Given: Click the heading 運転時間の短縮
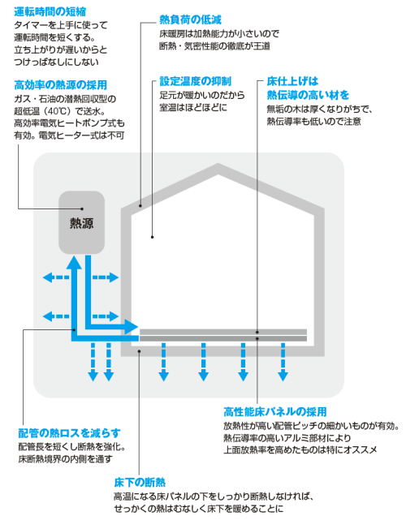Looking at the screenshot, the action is (x=50, y=11).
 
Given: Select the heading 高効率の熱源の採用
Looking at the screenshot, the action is (x=60, y=85).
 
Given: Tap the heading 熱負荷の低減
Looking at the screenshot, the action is (x=190, y=19).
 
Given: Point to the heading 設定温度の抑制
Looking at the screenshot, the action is (x=195, y=81).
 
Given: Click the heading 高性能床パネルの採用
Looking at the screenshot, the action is (x=275, y=412).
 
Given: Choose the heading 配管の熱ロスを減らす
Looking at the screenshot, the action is (x=69, y=433).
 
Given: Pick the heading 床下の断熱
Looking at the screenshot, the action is (x=140, y=482).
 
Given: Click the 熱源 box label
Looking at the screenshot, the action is (x=82, y=223).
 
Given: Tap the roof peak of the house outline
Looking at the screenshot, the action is (x=218, y=165).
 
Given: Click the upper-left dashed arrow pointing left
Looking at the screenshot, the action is (x=56, y=277).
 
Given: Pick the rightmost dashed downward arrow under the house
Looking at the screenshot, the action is (x=283, y=362).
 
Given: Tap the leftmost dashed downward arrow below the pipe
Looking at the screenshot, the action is (x=93, y=362).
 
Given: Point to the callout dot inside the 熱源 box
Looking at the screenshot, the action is (x=82, y=208).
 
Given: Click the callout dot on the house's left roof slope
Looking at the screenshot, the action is (x=140, y=205).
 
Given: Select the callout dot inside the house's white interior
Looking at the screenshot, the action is (x=153, y=237).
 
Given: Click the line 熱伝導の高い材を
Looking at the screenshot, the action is (x=308, y=95).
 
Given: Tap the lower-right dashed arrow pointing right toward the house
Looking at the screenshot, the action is (x=106, y=316).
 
